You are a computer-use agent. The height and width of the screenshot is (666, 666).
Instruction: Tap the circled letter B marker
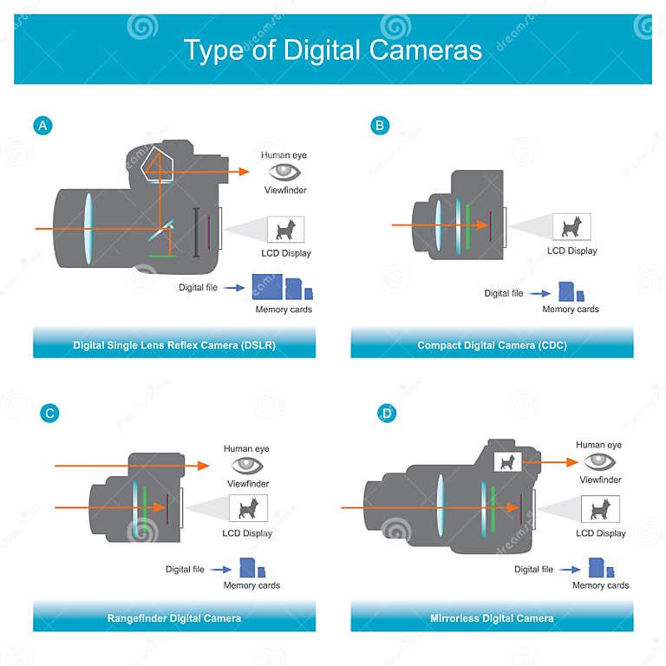379,126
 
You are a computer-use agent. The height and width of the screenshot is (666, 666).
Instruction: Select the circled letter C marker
50,413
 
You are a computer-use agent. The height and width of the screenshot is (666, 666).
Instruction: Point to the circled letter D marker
387,413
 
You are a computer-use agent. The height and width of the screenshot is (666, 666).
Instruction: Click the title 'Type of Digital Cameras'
332,50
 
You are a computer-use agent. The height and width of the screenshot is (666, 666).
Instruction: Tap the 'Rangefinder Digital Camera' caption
174,618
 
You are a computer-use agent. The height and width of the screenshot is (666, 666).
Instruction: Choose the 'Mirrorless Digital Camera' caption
492,618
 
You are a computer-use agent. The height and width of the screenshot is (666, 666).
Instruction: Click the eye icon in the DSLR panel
284,172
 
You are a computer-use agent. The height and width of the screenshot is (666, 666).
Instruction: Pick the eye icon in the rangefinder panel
247,465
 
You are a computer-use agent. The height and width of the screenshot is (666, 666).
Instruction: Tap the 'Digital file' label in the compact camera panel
503,294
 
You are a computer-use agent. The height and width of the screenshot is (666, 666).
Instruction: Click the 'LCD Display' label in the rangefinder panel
247,533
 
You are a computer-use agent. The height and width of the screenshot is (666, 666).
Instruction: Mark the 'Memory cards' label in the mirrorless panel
600,585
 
